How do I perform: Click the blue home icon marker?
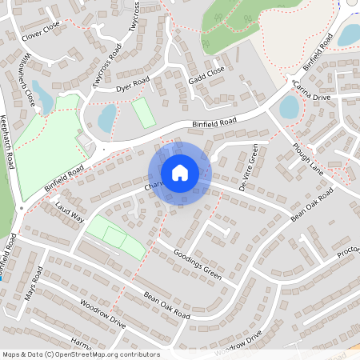pyautogui.click(x=180, y=173)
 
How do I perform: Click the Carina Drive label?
pyautogui.click(x=312, y=90)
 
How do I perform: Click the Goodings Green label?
pyautogui.click(x=197, y=262)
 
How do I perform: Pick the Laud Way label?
pyautogui.click(x=70, y=215)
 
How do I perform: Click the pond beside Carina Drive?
pyautogui.click(x=289, y=106)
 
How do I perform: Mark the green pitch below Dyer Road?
pyautogui.click(x=143, y=112)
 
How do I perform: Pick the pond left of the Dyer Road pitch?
pyautogui.click(x=106, y=118)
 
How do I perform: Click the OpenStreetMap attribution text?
pyautogui.click(x=80, y=354)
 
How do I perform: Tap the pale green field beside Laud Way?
pyautogui.click(x=116, y=238)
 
